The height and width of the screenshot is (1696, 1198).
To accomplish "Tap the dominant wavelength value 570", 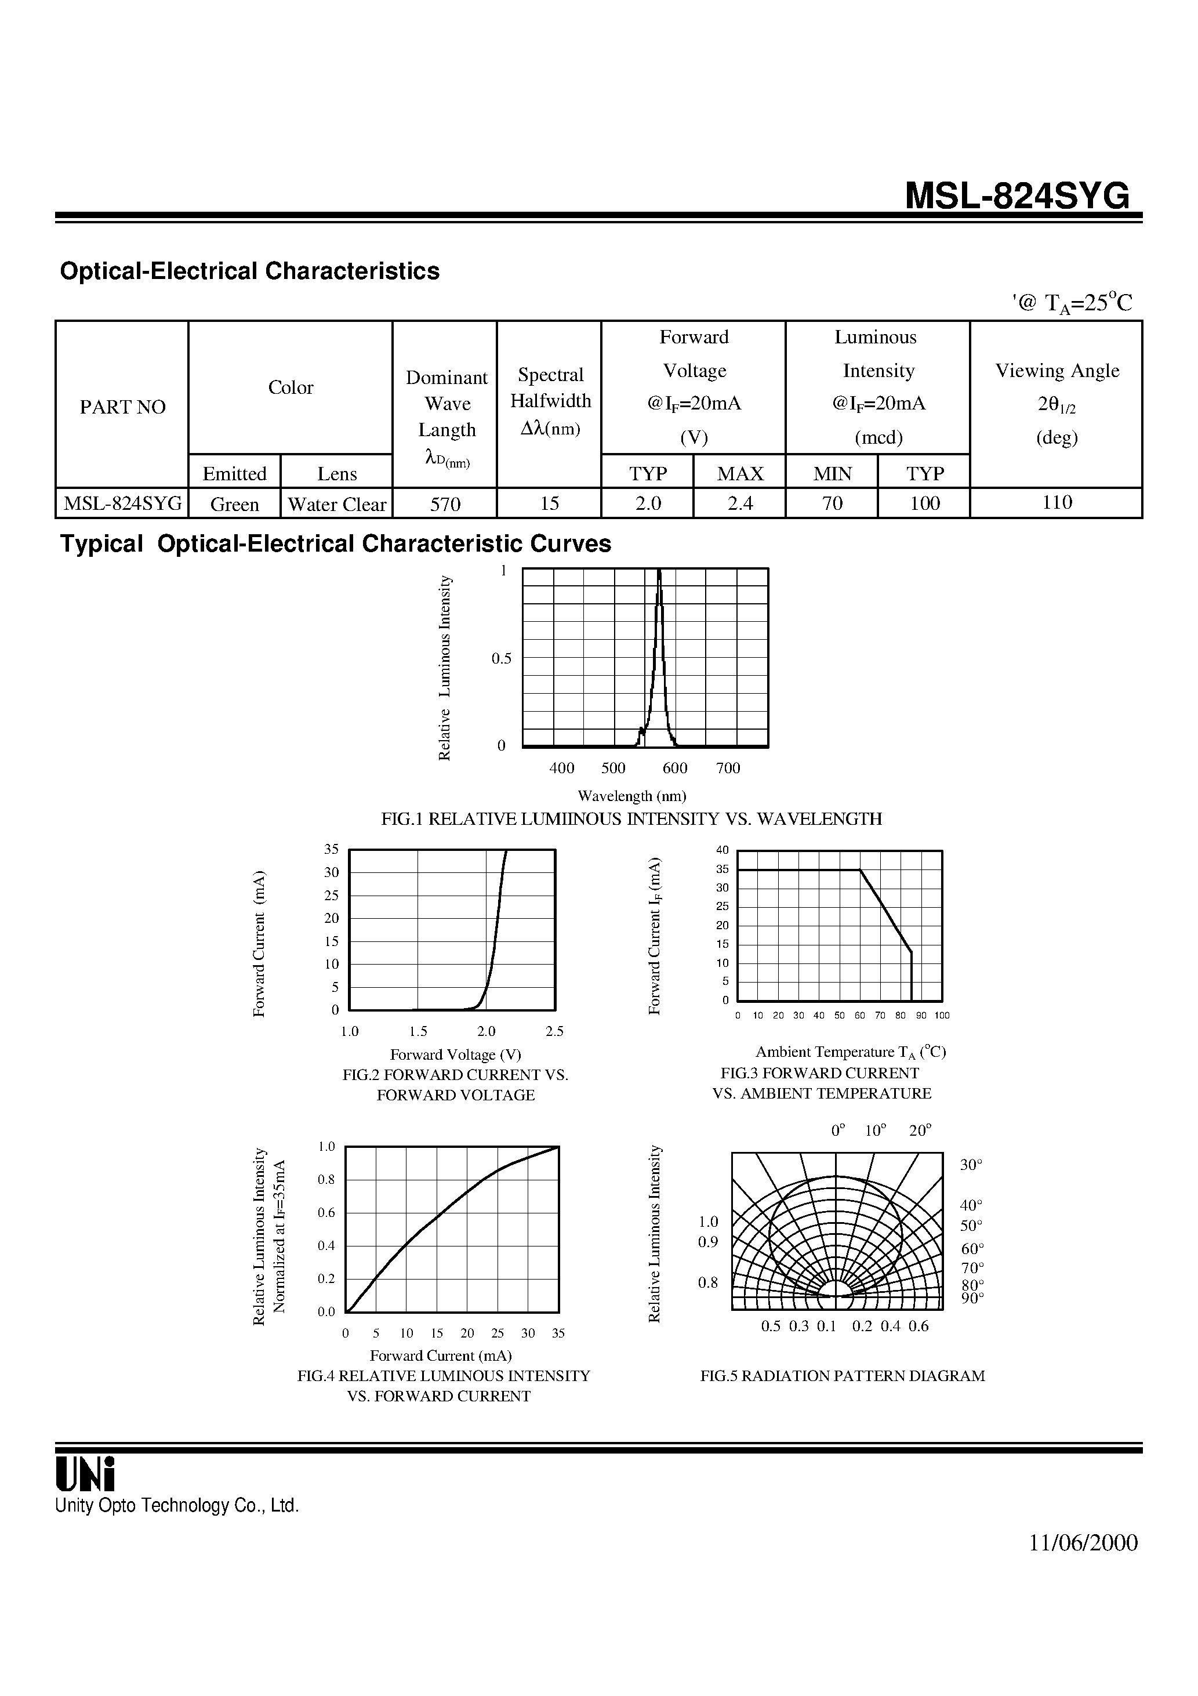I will point(445,504).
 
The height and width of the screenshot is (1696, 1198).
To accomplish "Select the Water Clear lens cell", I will point(337,505).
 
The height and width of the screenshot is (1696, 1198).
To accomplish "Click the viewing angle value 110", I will point(1057,502).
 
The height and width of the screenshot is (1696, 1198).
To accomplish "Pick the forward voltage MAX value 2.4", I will point(740,504).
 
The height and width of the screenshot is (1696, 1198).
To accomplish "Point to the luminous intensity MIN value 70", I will point(833,504).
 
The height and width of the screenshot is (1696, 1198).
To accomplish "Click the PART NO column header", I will point(122,407).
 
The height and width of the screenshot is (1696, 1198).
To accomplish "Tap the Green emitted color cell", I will point(235,505).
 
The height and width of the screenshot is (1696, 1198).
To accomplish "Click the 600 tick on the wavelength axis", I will point(674,768).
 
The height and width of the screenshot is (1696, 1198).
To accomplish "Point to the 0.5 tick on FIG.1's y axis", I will point(502,659).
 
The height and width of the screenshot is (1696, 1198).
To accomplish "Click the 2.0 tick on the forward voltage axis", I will point(486,1031).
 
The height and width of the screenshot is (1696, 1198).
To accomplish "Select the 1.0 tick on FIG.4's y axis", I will point(326,1147).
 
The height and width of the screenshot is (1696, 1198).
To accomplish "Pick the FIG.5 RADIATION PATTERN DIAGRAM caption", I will point(842,1376).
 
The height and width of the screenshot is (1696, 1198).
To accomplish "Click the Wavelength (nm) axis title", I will point(631,796).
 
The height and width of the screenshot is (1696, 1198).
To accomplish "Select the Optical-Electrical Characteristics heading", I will point(250,271).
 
